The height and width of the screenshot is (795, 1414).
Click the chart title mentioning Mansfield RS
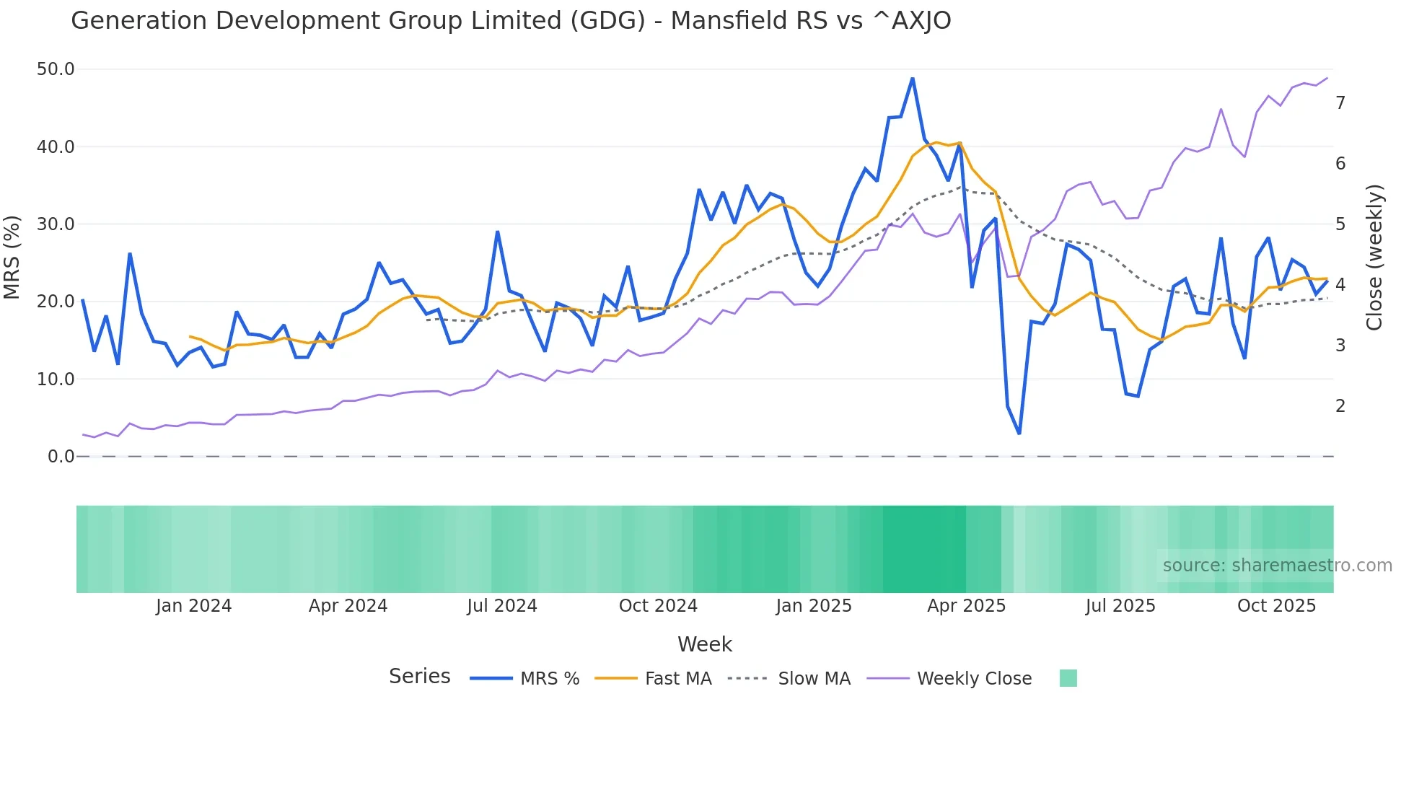pos(511,21)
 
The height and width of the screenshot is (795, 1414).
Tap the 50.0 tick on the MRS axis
pos(56,69)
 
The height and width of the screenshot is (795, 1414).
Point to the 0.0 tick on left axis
pos(61,457)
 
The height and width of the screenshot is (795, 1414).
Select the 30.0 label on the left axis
pos(56,224)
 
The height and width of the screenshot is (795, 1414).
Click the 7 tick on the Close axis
pos(1340,103)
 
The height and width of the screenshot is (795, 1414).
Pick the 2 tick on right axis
pos(1340,406)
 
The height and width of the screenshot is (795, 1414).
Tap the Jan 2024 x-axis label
pos(193,606)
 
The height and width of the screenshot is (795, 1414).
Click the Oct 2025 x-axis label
pos(1276,606)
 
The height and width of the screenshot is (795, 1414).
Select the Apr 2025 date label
pos(966,606)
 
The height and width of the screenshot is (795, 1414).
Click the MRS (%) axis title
pos(12,257)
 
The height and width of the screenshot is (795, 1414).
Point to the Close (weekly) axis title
pos(1374,258)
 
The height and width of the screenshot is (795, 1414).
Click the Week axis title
pos(704,644)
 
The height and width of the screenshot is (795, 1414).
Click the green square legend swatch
pos(1068,678)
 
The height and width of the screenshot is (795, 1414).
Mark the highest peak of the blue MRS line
pos(913,78)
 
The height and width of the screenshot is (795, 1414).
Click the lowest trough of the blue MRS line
pos(1019,434)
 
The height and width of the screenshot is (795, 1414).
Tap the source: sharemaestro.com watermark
pos(1277,566)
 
